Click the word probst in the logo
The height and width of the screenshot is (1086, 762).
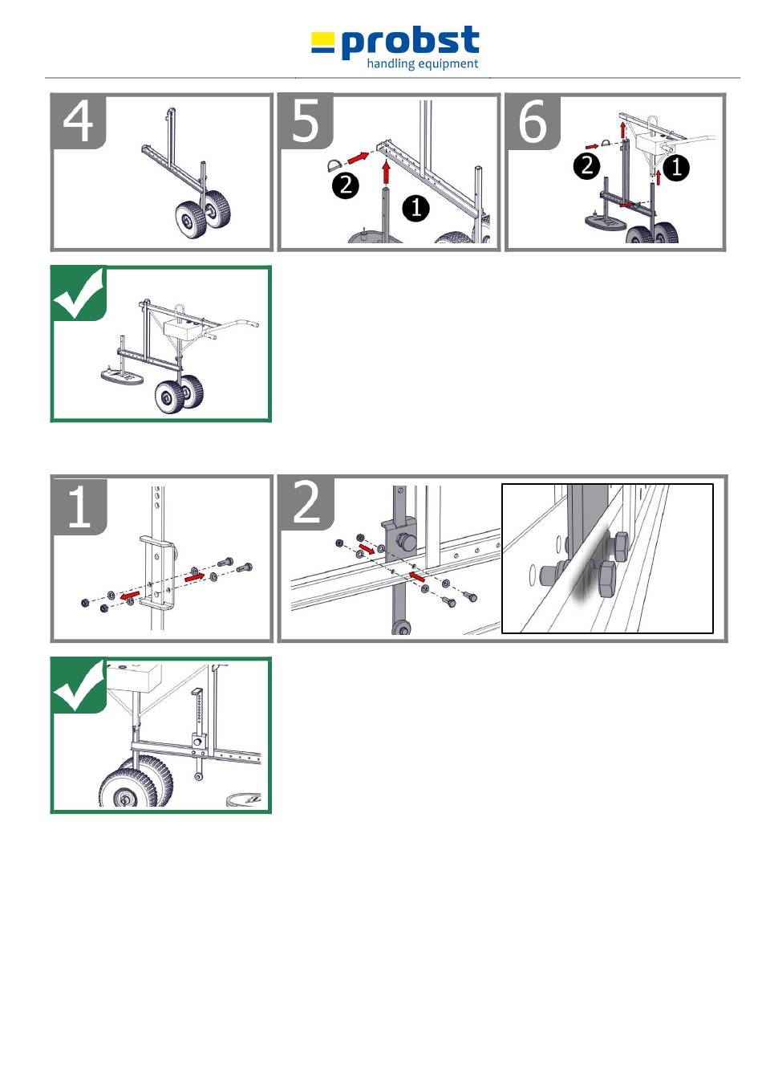coord(410,43)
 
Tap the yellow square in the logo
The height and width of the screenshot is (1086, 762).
coord(322,38)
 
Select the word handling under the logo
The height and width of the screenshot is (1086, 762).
coord(391,63)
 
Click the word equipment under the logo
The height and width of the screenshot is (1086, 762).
coord(448,64)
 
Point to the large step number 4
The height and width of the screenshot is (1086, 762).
coord(78,121)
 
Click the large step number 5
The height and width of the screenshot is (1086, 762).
coord(306,121)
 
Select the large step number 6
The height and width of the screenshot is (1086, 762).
coord(533,121)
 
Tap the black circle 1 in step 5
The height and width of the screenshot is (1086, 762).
coord(416,208)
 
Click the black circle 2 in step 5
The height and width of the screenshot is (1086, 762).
coord(346,185)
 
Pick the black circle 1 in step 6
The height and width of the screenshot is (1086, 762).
coord(675,168)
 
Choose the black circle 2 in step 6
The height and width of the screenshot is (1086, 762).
coord(586,165)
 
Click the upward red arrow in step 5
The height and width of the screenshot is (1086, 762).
coord(386,173)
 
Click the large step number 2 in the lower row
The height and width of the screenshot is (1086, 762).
coord(306,504)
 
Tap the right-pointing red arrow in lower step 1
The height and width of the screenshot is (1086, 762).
coord(195,577)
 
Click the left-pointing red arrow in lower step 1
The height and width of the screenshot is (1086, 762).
coord(130,595)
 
